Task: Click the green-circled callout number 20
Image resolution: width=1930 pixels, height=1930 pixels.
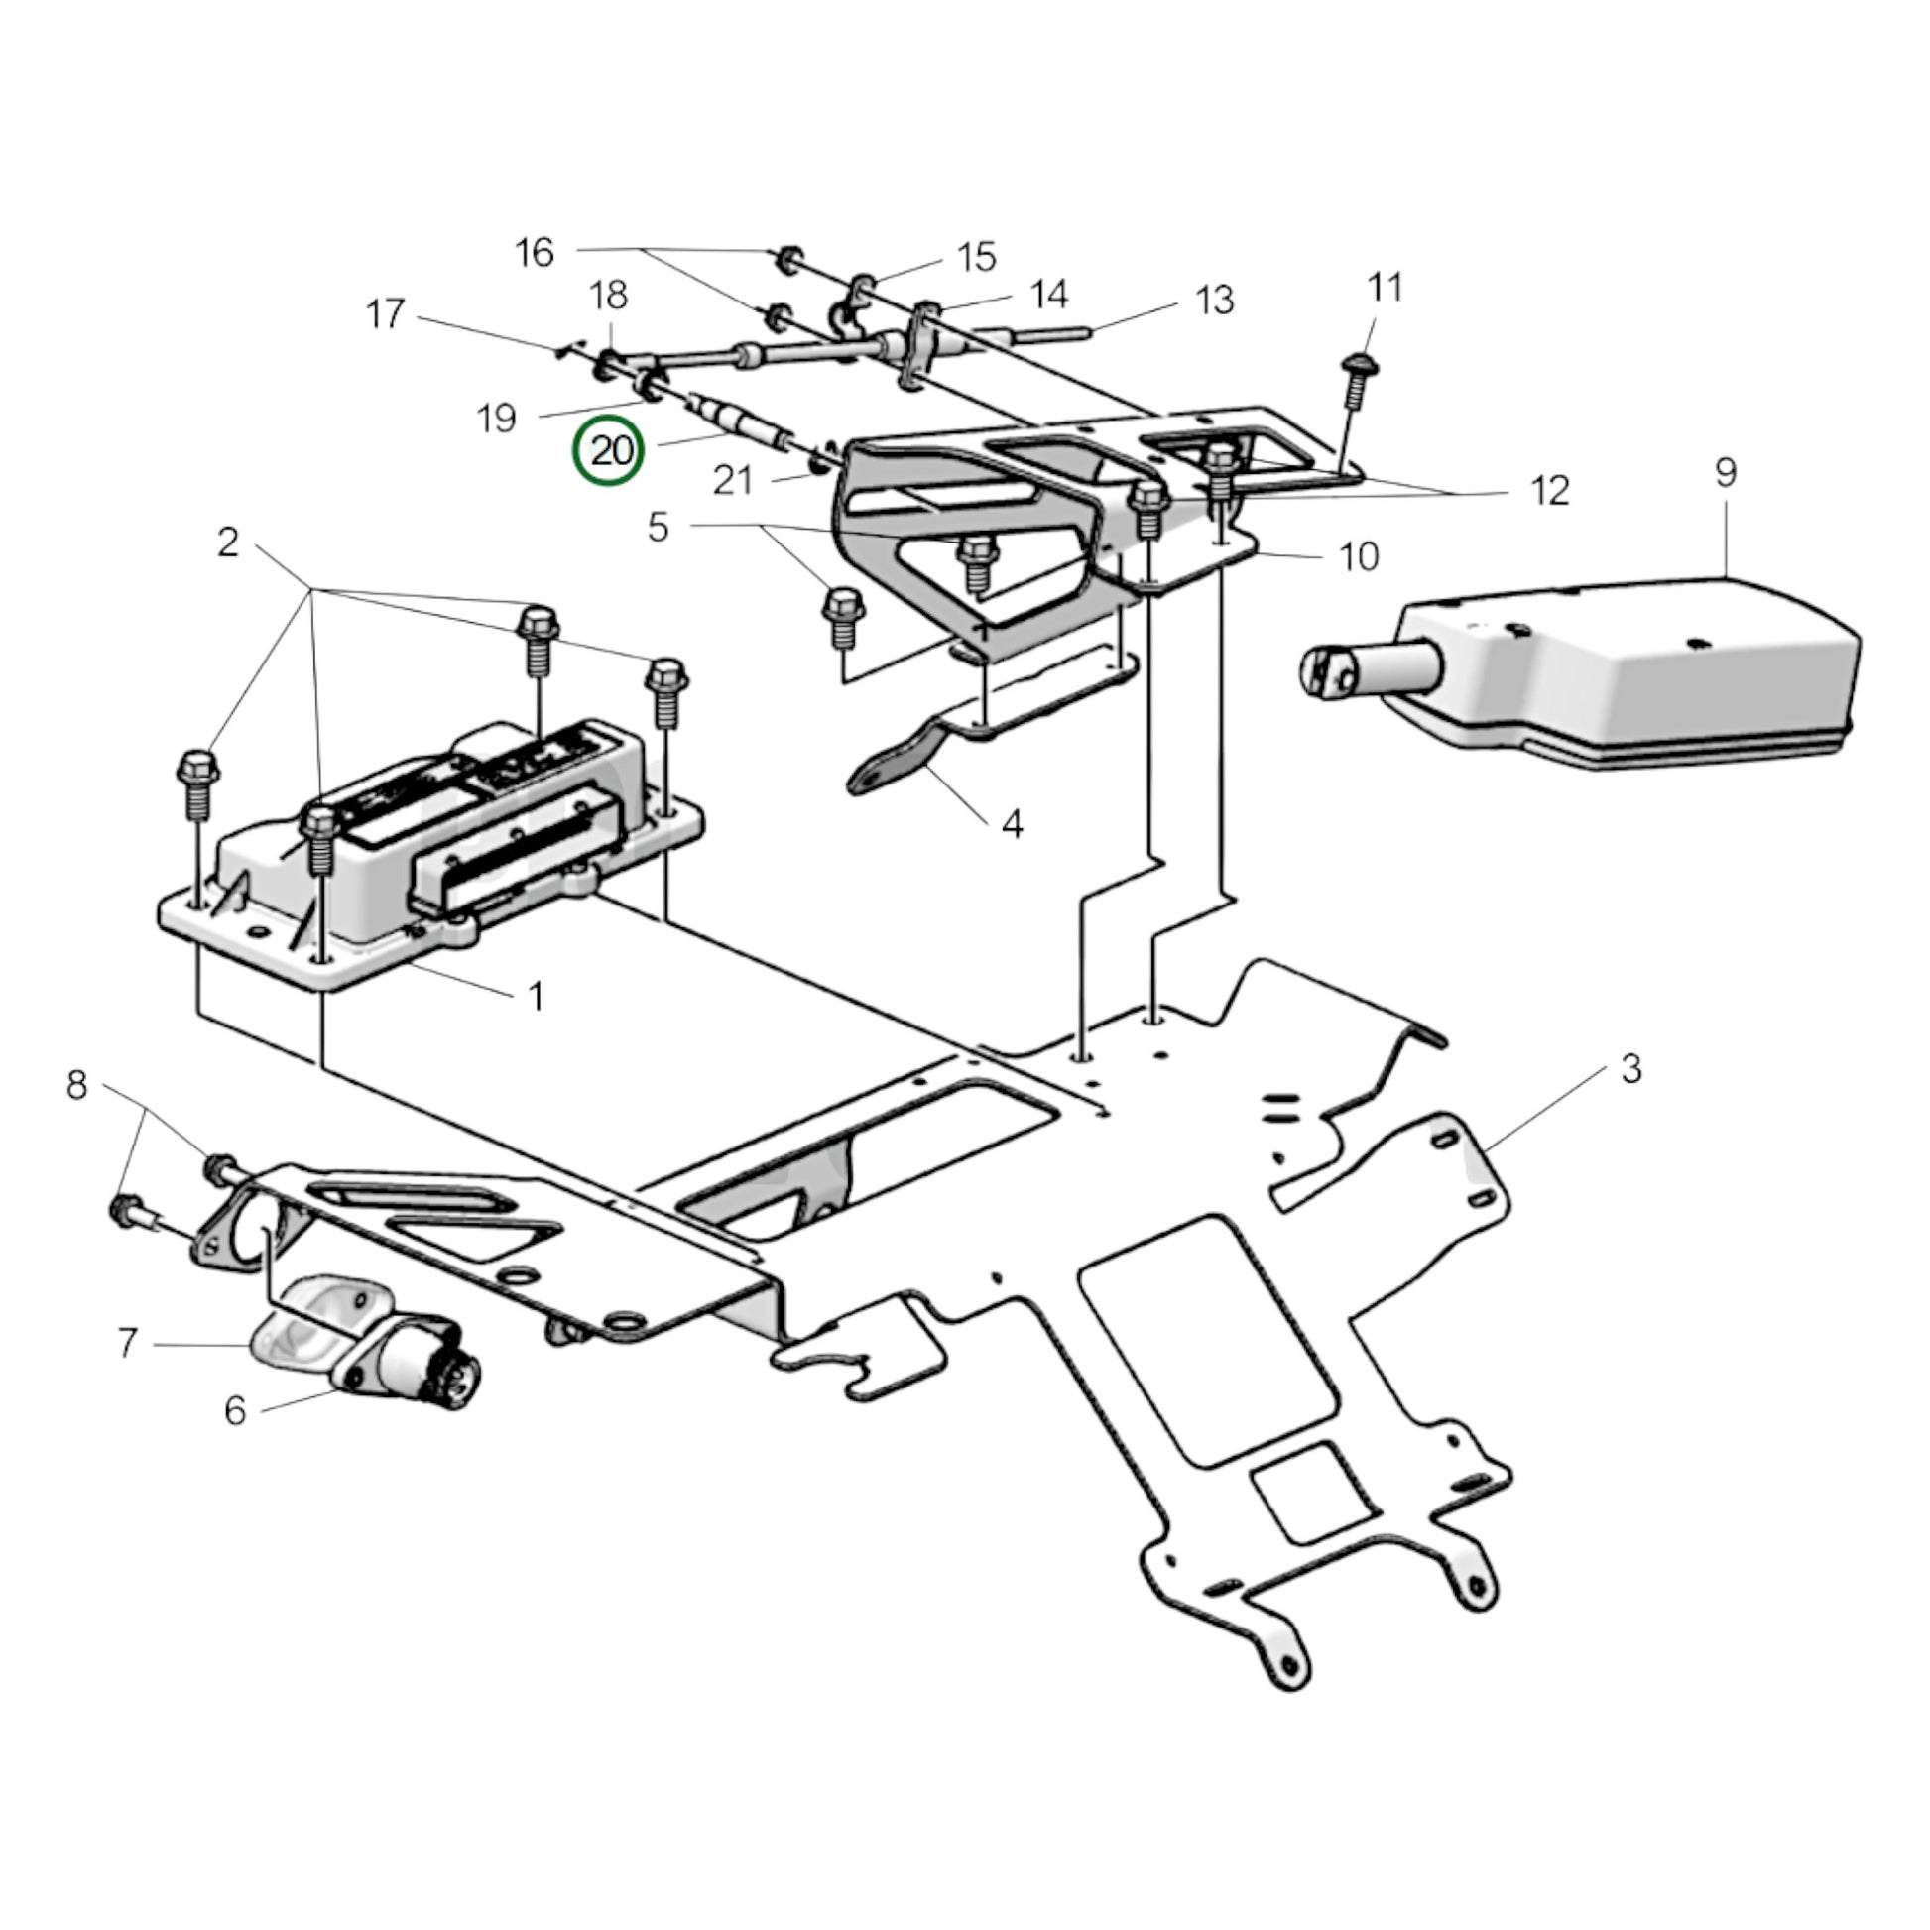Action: pyautogui.click(x=608, y=451)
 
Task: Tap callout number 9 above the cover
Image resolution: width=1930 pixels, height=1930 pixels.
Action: pyautogui.click(x=1727, y=471)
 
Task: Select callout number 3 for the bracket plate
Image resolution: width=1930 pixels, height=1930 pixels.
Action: pyautogui.click(x=1630, y=1070)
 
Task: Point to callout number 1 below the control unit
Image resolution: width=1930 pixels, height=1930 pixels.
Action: pyautogui.click(x=536, y=995)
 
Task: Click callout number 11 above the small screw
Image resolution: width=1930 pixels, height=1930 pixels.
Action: pyautogui.click(x=1385, y=287)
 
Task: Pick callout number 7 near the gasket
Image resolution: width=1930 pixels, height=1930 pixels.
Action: pyautogui.click(x=127, y=1344)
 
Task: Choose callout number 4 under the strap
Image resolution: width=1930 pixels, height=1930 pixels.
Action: pyautogui.click(x=1012, y=825)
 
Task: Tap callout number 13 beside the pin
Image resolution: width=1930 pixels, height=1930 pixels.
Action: pyautogui.click(x=1215, y=300)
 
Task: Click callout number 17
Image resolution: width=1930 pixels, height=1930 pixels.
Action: pyautogui.click(x=386, y=313)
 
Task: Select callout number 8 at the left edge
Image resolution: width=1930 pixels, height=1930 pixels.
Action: pyautogui.click(x=77, y=1085)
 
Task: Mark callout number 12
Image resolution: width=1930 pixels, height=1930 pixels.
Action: pyautogui.click(x=1550, y=491)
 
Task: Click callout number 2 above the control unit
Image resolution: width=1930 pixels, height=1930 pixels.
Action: pyautogui.click(x=229, y=543)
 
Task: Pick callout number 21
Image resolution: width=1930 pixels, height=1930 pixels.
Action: pyautogui.click(x=732, y=480)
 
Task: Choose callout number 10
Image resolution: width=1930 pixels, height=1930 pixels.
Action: pyautogui.click(x=1359, y=556)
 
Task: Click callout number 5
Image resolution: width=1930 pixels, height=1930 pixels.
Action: pyautogui.click(x=657, y=527)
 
